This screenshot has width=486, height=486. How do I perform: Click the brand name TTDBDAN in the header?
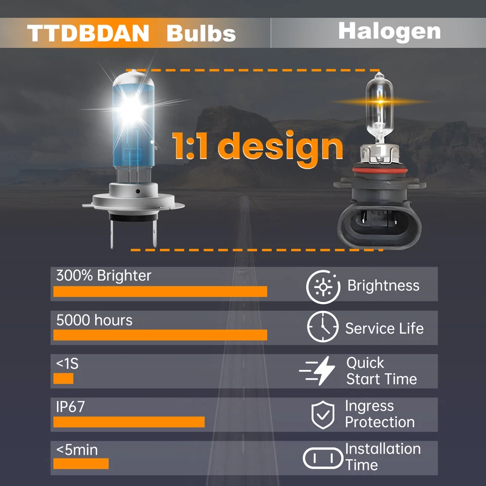[89, 33]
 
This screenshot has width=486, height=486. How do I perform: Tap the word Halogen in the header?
[389, 31]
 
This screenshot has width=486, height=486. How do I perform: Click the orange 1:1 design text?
[257, 147]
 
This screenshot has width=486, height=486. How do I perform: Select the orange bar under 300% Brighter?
[160, 291]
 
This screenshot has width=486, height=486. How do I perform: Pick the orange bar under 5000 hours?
[160, 335]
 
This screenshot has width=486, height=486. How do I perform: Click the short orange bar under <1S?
[63, 379]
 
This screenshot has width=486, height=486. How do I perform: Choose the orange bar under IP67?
[129, 422]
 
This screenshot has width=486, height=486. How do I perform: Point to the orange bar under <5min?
[81, 464]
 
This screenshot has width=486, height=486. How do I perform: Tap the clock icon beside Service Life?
[322, 328]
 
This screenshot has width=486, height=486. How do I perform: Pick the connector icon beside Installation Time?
[322, 458]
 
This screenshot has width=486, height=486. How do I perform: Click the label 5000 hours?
[94, 320]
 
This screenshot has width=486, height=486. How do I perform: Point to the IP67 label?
[70, 407]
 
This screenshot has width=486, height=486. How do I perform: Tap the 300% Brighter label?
[103, 276]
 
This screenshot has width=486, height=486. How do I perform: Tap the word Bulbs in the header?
[201, 33]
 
